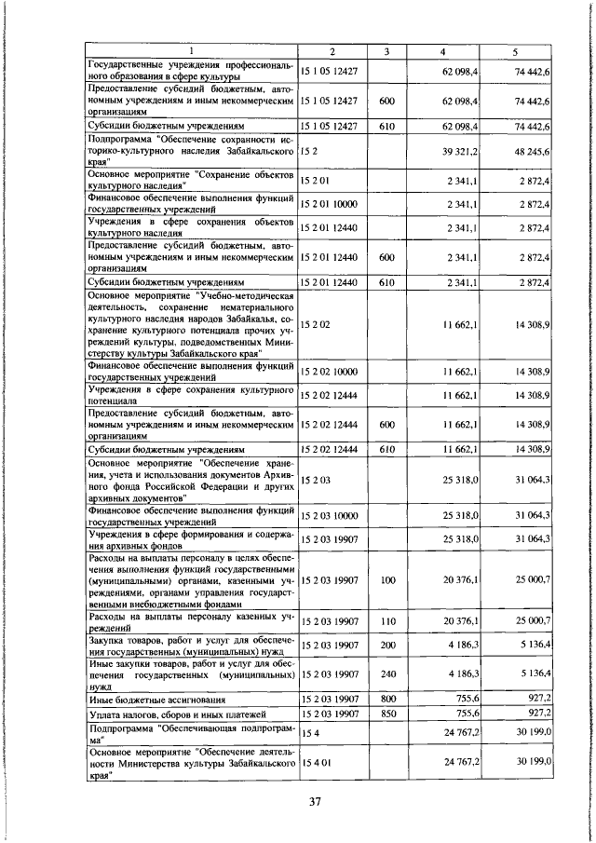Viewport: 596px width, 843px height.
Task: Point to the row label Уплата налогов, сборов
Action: click(160, 714)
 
